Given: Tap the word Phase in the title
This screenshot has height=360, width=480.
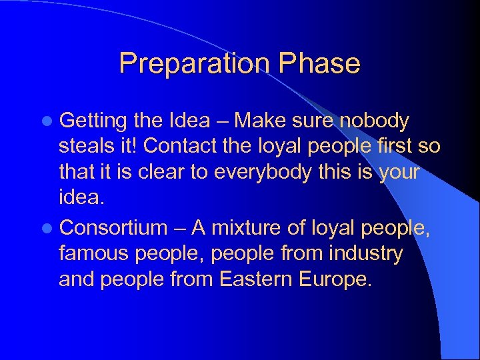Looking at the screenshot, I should point(320,64).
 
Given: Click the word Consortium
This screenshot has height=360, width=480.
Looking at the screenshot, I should point(113,228).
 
